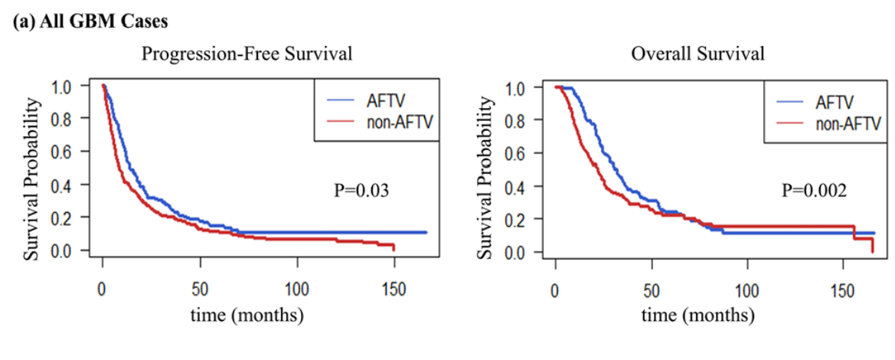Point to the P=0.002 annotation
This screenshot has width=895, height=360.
814,189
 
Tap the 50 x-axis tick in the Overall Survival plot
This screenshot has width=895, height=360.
651,291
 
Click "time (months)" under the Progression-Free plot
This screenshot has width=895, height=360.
248,314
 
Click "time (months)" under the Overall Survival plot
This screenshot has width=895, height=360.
697,314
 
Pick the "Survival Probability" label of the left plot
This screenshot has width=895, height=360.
31,169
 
